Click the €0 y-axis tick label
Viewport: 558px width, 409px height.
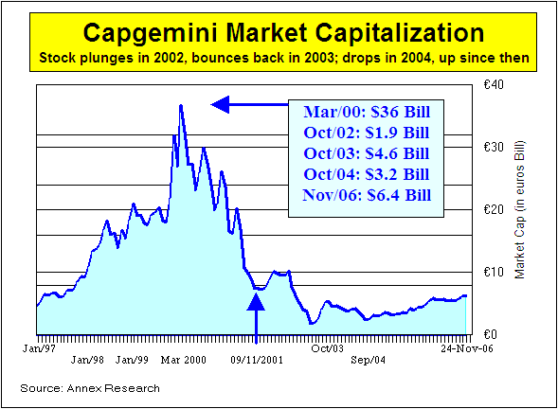click(489, 334)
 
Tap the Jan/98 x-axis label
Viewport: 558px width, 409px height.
click(87, 361)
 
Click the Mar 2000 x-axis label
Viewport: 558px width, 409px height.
click(183, 361)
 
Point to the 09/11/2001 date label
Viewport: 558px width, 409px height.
click(257, 361)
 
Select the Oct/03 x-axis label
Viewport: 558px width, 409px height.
click(328, 347)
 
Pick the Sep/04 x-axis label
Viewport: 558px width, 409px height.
click(369, 361)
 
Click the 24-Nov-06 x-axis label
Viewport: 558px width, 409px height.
click(443, 347)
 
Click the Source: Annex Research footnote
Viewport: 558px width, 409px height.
click(90, 388)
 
